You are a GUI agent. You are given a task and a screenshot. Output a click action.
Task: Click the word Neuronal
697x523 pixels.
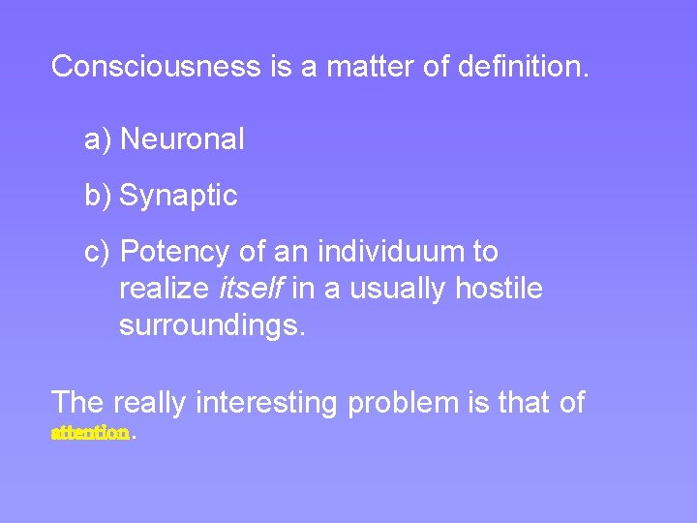[182, 139]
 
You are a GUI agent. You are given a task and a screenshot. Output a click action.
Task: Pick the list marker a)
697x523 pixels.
[99, 139]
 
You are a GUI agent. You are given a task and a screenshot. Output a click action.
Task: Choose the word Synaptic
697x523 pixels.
[178, 196]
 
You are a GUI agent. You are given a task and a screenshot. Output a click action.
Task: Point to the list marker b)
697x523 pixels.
[99, 196]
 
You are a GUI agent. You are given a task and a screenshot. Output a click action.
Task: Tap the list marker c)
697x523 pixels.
[99, 252]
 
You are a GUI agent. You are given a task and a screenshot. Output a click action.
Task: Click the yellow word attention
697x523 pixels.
[90, 434]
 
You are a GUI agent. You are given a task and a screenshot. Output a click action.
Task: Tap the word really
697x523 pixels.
[149, 402]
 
